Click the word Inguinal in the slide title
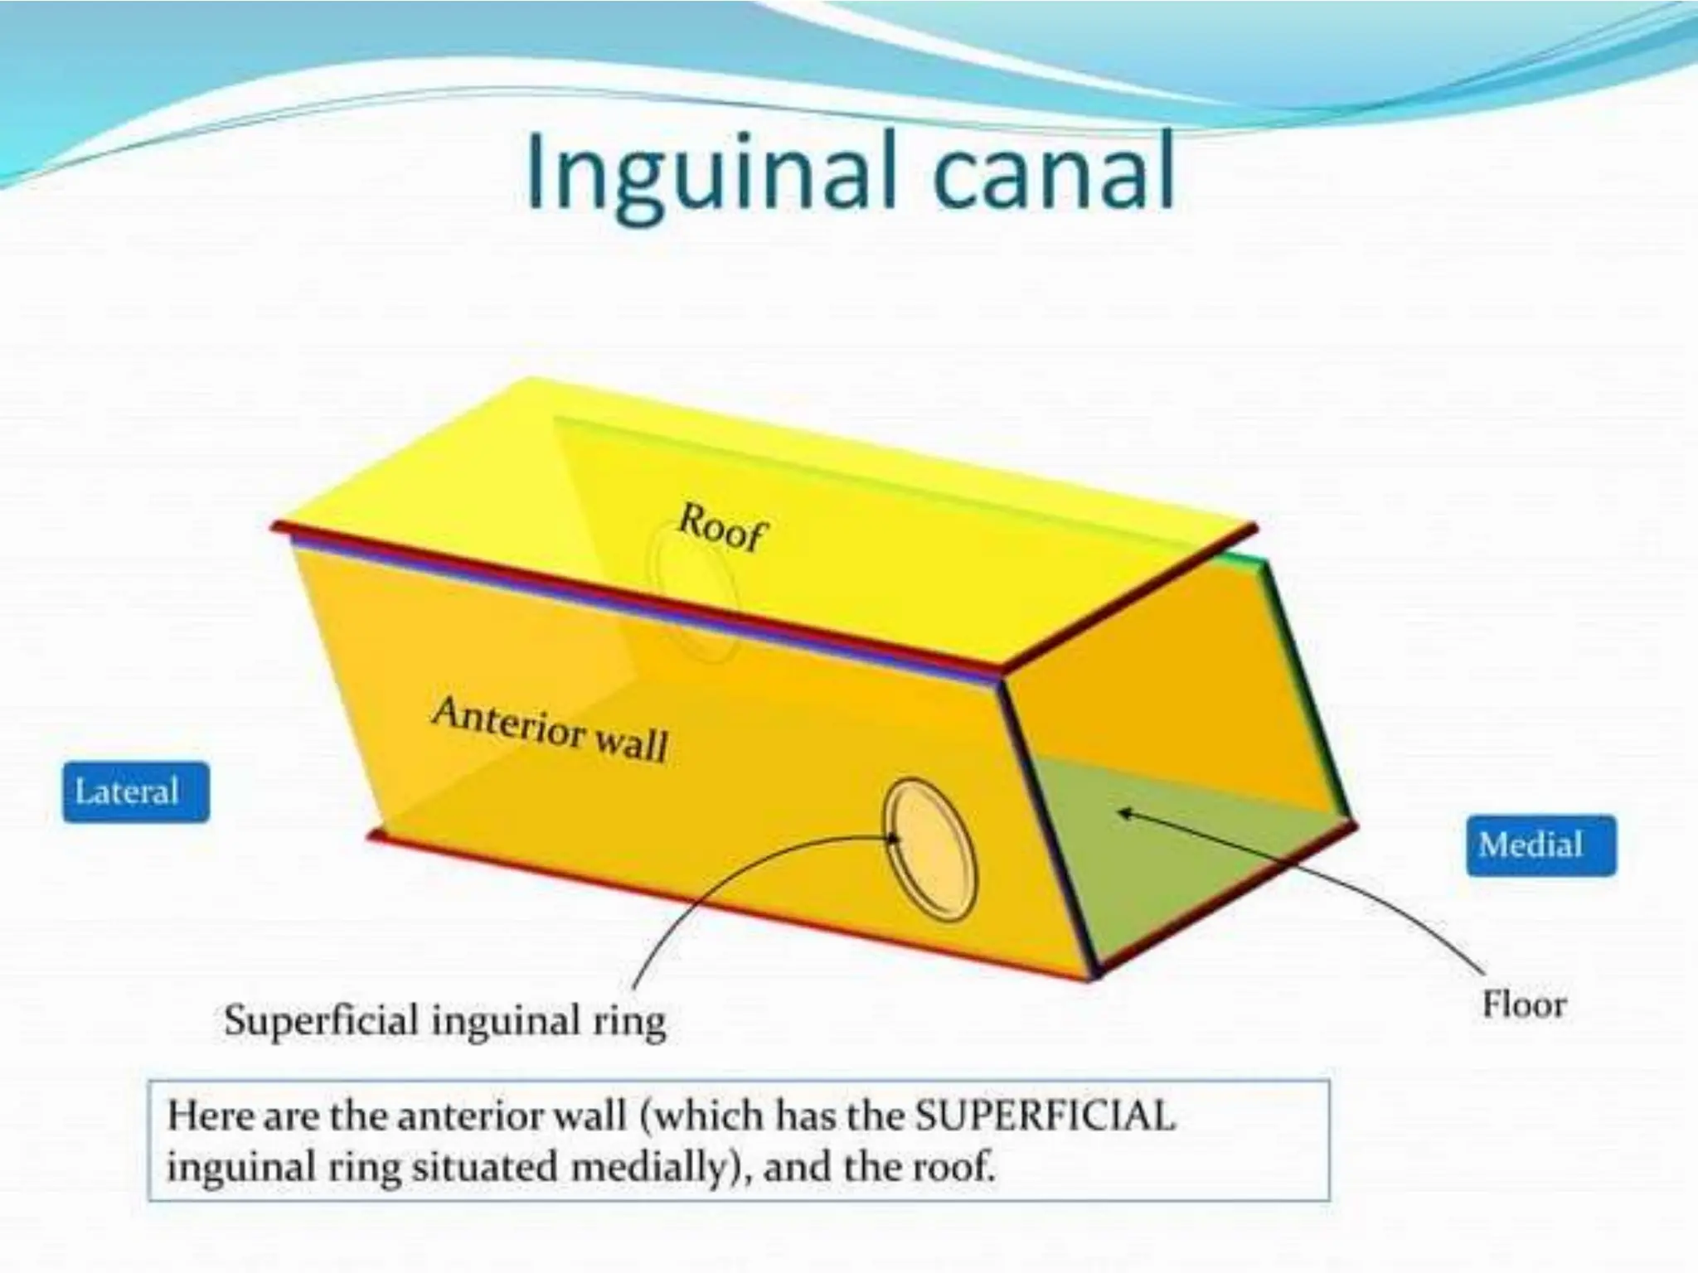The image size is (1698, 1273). tap(710, 176)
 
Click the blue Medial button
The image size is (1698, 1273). tap(1540, 845)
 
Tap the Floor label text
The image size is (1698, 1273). tap(1524, 1005)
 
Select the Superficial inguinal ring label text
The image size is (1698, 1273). tap(444, 1020)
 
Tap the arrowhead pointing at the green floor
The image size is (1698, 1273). tap(1124, 812)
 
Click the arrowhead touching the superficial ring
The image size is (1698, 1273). tap(893, 838)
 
